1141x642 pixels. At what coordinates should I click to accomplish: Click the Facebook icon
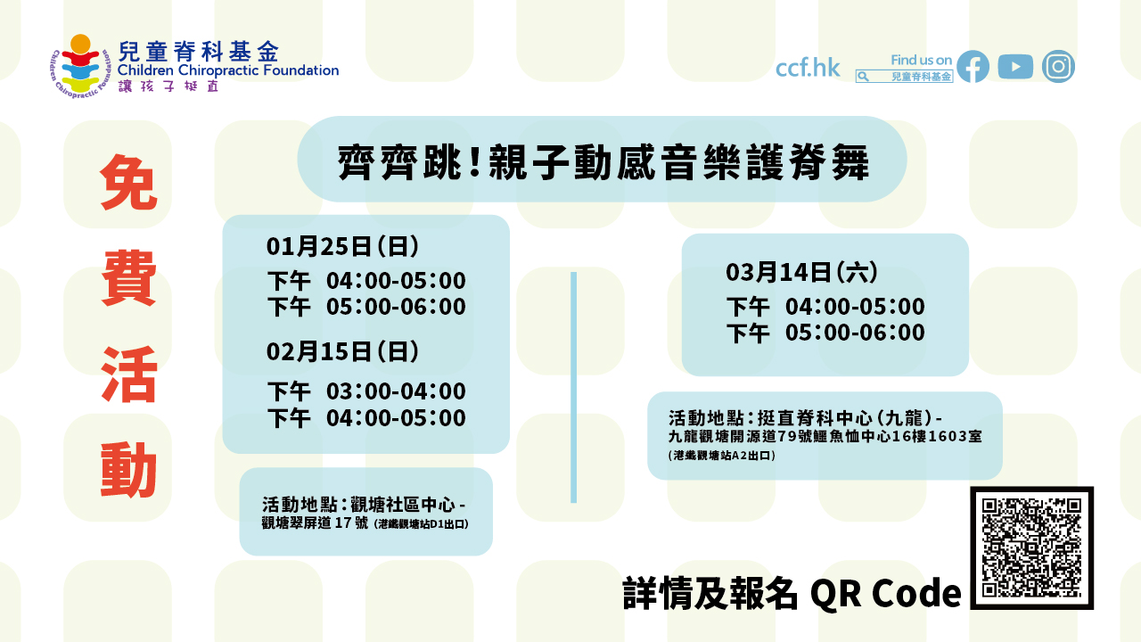tap(973, 67)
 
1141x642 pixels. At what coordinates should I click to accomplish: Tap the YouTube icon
tap(1015, 67)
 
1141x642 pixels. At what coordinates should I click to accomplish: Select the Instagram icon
tap(1058, 67)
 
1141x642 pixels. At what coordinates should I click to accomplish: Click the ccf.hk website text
tap(808, 68)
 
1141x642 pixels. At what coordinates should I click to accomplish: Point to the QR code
tap(1031, 547)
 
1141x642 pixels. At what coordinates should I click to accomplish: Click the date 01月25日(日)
tap(342, 245)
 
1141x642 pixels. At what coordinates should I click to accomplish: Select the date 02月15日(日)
tap(342, 351)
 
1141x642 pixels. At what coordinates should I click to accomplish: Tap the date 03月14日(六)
tap(802, 271)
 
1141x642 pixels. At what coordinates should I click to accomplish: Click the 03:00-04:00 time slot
tap(396, 391)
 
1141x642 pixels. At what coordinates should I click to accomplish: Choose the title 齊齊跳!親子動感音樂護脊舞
tap(603, 163)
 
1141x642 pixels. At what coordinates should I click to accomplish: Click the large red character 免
tap(128, 183)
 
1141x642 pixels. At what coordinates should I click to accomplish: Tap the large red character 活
tap(128, 374)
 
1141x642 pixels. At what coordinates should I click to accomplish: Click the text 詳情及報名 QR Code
tap(792, 594)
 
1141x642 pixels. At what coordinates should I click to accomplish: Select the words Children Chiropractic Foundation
tap(228, 70)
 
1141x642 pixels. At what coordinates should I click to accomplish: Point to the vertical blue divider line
tap(573, 387)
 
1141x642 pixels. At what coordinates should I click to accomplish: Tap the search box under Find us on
tap(904, 77)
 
